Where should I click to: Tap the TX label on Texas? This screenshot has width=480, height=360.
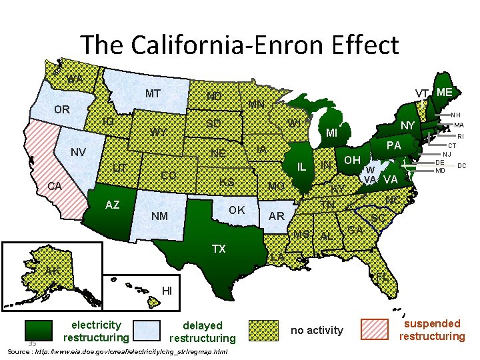[x=219, y=249]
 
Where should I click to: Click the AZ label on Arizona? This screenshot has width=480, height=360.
[x=113, y=205]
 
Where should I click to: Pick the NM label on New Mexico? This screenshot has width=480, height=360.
[x=159, y=216]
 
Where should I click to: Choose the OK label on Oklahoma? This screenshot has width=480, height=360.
[x=237, y=211]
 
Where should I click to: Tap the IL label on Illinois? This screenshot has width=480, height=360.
[x=301, y=166]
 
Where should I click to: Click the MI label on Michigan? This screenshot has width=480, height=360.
[x=331, y=133]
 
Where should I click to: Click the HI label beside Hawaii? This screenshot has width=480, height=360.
[x=167, y=291]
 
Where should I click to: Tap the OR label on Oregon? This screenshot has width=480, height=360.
[x=61, y=109]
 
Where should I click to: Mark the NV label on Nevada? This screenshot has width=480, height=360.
[x=79, y=153]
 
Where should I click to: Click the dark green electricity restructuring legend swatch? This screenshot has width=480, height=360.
[x=39, y=330]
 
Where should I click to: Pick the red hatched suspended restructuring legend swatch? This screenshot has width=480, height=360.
[x=374, y=330]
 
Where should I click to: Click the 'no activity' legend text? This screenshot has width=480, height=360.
[x=317, y=330]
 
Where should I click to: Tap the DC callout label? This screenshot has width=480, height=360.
[x=461, y=165]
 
